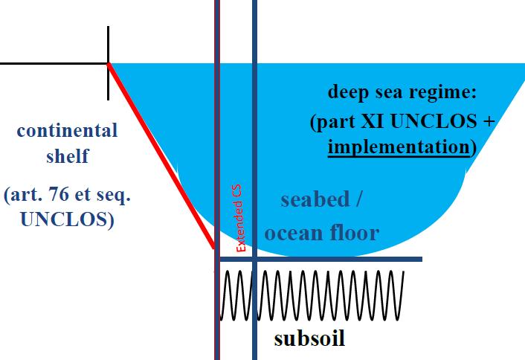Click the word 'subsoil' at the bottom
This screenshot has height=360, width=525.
coord(309,339)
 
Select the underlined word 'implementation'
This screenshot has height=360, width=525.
coord(398,146)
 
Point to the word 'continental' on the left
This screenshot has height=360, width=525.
coord(67,131)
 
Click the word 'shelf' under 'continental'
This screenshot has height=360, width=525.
coord(67,156)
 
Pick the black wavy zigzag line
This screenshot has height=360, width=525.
coord(312,295)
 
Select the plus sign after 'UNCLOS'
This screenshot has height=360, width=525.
coord(486,120)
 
